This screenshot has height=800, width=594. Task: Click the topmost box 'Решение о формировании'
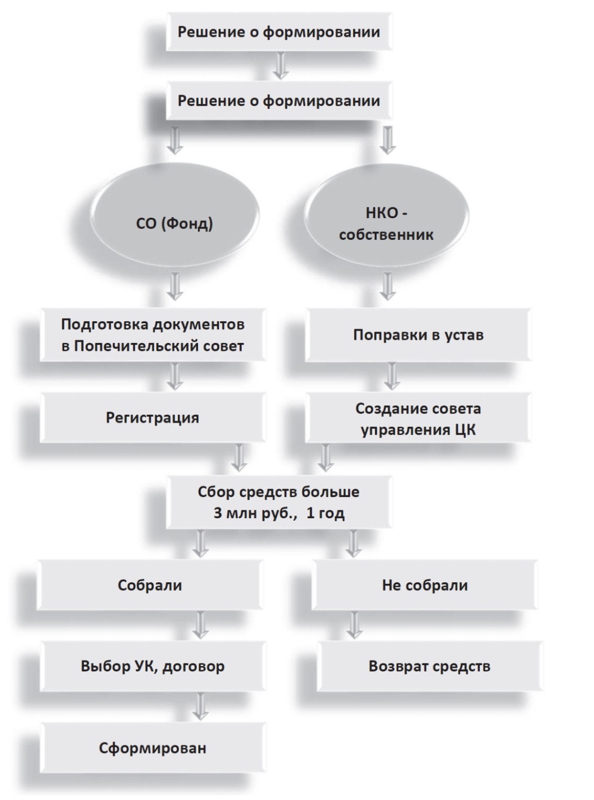[279, 32]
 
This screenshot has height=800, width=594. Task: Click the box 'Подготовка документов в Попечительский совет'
[153, 335]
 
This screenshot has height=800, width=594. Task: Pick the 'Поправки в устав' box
[418, 335]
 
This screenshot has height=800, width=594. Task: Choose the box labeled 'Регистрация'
[153, 417]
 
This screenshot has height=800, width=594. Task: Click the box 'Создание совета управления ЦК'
[418, 417]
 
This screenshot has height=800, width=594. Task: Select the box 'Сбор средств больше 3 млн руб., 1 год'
[279, 502]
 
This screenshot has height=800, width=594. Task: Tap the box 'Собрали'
[150, 585]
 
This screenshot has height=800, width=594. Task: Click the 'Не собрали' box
[425, 585]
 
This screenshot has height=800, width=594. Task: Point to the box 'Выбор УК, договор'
[153, 666]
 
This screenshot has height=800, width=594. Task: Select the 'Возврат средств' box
[430, 666]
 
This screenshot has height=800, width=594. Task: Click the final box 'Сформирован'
[153, 748]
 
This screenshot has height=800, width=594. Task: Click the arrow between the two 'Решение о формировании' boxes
[281, 66]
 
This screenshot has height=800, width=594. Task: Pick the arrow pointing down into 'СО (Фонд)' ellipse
[175, 141]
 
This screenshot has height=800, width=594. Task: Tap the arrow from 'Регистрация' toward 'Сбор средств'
[239, 458]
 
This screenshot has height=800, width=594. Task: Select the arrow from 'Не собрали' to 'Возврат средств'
[354, 625]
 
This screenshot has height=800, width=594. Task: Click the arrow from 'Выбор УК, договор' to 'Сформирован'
[200, 706]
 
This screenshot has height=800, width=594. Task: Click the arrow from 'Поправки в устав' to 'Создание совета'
[391, 376]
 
